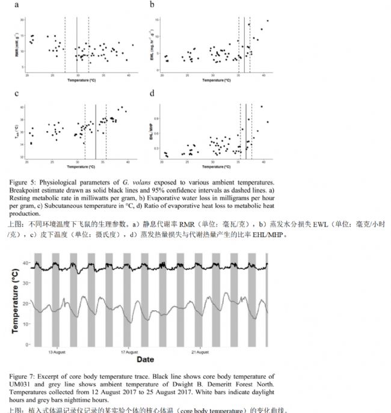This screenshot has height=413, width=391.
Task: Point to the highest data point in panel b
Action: coord(267,20)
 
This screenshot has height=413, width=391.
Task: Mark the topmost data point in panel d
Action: coord(262,107)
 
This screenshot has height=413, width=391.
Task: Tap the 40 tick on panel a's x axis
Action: coord(129,75)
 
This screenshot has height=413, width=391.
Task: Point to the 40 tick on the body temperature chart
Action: coord(26,263)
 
